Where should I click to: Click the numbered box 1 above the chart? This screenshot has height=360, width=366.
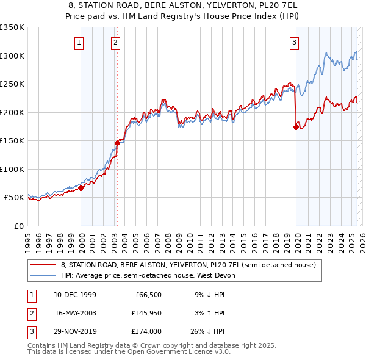point(80,43)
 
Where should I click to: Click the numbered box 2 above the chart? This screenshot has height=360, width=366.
point(115,43)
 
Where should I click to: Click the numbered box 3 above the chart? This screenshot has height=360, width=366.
point(294,43)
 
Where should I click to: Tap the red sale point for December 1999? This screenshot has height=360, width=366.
point(81,188)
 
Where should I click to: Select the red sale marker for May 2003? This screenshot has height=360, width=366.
point(117,143)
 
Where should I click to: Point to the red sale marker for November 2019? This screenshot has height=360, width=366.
point(296,127)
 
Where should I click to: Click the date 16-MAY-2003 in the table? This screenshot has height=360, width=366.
point(75,313)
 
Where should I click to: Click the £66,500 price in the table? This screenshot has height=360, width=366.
point(148,295)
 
